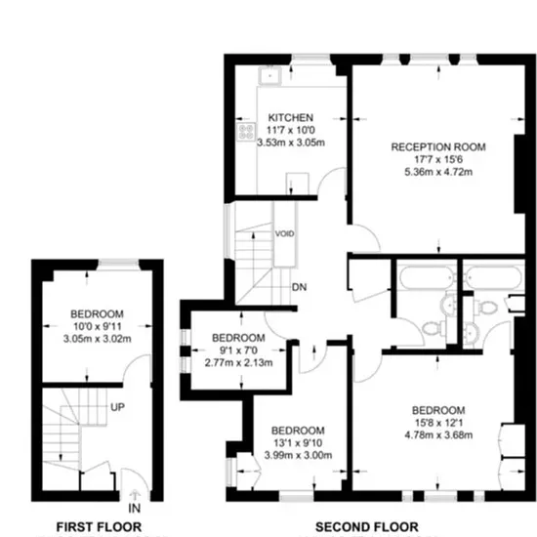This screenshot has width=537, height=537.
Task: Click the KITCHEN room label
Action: [290, 118]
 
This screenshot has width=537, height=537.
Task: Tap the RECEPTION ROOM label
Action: [438, 147]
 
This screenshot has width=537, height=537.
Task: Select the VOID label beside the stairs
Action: [284, 234]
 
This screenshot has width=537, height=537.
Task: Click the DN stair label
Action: [299, 287]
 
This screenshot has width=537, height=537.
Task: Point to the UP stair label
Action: [117, 407]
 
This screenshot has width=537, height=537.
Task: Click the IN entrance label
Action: [135, 509]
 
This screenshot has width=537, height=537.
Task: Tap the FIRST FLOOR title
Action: [99, 526]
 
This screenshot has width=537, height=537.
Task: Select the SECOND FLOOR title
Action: [366, 526]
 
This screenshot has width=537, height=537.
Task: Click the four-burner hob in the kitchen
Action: [246, 132]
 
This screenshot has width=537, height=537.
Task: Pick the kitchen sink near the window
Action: [269, 76]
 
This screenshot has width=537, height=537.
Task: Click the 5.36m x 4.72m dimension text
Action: [438, 172]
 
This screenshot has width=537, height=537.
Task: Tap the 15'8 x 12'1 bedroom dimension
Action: [438, 423]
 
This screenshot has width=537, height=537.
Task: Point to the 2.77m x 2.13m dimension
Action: [238, 362]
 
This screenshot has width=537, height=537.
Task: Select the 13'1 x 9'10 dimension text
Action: [298, 443]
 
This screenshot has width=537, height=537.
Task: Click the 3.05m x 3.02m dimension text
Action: [98, 339]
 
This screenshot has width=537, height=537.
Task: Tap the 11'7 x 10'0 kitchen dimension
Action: [290, 130]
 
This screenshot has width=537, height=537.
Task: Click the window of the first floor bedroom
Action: [118, 263]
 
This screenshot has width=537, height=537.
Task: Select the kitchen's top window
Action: [310, 59]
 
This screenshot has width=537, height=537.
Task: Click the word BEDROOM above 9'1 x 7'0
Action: [238, 338]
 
